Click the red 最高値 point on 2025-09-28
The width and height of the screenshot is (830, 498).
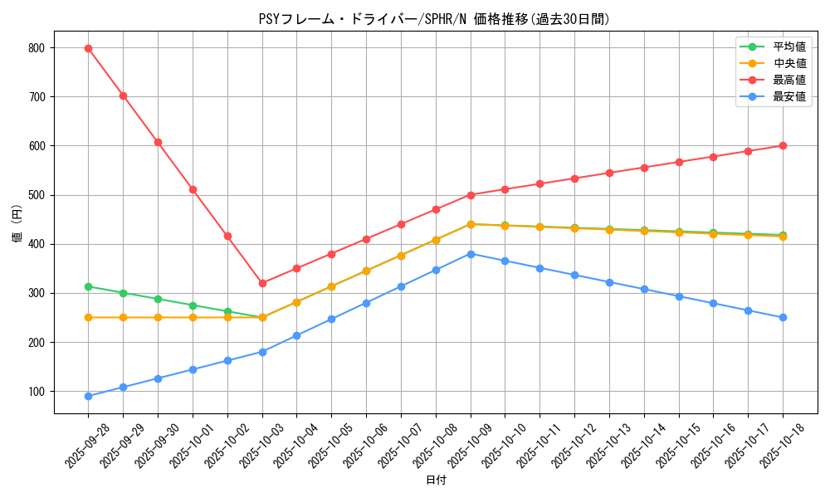(88, 48)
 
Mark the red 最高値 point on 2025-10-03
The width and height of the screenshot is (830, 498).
(262, 283)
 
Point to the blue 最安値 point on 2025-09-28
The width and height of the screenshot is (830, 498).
(88, 396)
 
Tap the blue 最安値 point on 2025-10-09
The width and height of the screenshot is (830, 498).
(471, 254)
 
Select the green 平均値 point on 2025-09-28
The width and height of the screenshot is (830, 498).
(88, 286)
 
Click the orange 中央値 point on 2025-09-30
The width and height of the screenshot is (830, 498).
(158, 317)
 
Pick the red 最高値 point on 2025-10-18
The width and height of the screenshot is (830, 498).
(783, 146)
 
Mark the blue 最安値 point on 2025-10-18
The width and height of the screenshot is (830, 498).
(783, 317)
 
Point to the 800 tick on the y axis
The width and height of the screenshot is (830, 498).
(37, 48)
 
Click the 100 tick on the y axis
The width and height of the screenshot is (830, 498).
(37, 392)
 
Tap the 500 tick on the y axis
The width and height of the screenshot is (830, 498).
(37, 195)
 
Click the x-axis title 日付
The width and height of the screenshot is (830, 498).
(436, 481)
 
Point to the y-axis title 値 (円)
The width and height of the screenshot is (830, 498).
(17, 223)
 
